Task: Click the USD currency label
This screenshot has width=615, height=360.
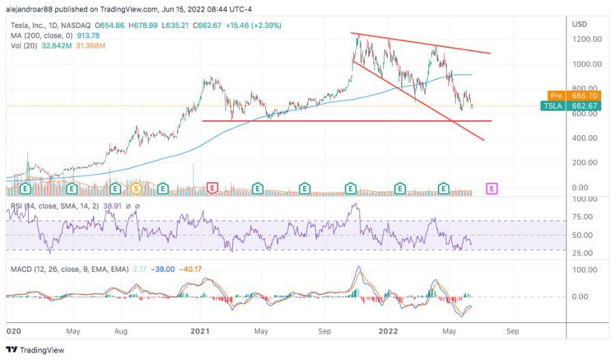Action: pos(580,24)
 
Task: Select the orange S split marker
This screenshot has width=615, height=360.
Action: pos(137,187)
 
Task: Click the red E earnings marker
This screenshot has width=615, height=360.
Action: pos(213,187)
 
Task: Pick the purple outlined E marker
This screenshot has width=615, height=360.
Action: pos(491,187)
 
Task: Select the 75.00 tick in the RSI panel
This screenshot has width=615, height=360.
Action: pos(583,217)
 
